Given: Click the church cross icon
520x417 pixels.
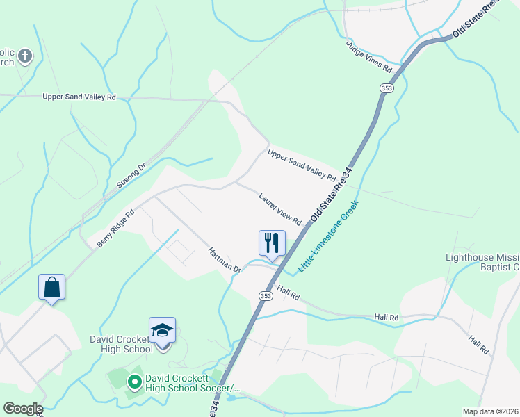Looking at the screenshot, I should coord(25,55).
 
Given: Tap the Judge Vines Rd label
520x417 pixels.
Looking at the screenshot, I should coord(370,57).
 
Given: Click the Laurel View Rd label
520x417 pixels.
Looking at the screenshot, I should coord(279,209).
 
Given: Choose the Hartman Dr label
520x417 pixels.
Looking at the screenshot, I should coord(223,259).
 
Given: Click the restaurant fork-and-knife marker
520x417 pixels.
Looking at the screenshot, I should coord(272,243).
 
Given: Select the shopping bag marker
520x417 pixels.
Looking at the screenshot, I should coord(51,287).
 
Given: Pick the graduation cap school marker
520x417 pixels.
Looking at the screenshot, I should coord(162,330).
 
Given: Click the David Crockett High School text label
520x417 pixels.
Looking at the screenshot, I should coord(121,344).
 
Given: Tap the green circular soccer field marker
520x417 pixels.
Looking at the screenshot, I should coord(135,381).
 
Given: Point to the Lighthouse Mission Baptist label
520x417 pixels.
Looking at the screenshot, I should coord(482,262).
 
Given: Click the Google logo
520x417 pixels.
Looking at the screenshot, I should coord(22,409).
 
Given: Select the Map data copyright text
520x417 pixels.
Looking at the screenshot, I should coord(489,411).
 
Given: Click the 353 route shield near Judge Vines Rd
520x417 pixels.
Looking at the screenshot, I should coord(387,88).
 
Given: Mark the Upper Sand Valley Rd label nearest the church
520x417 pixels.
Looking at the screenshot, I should coord(79,97).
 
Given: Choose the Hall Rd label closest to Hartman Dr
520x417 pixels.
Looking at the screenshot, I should coord(288,292).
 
